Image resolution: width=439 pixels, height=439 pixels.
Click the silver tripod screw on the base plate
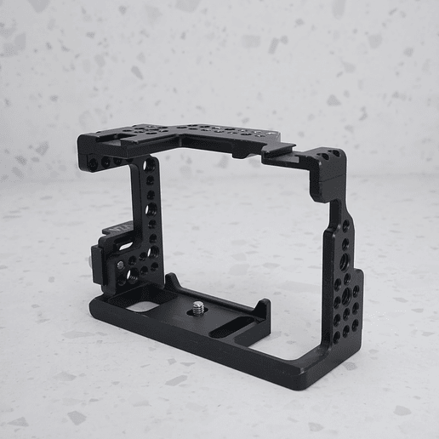[198, 307]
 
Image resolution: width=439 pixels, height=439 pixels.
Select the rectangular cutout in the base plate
[146, 306]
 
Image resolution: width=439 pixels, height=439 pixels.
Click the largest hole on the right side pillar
[345, 294]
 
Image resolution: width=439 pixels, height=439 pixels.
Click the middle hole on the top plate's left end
[105, 161]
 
